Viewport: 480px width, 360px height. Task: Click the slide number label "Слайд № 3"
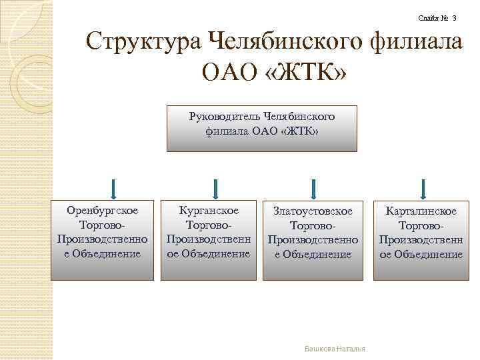437,18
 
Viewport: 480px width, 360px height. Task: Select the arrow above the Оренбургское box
114,189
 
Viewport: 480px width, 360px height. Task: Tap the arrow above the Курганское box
214,189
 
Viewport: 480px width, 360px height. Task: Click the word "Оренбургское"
103,211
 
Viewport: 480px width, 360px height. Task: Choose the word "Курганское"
209,211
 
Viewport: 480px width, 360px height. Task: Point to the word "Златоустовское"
313,211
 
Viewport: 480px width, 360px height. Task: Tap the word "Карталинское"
420,211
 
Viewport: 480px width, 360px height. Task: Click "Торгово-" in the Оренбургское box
102,225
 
